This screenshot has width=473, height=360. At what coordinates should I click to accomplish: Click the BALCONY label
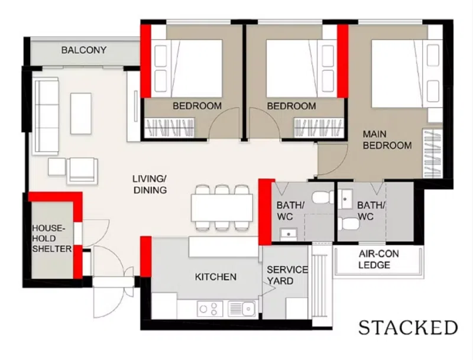(x=84, y=50)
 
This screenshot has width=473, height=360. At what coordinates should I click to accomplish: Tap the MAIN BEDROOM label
(x=387, y=140)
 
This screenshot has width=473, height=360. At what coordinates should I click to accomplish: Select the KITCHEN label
(x=215, y=277)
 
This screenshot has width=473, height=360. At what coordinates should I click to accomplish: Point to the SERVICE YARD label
(x=287, y=275)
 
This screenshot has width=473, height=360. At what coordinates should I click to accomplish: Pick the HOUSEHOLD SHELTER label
(x=52, y=238)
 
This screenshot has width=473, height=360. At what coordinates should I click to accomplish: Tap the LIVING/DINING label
(x=150, y=184)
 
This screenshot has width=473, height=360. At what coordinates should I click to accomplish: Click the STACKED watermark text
(x=408, y=327)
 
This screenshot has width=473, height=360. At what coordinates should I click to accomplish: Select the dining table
(x=222, y=207)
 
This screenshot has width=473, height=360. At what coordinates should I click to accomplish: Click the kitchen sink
(x=242, y=309)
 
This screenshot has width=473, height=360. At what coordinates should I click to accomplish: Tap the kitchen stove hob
(x=210, y=309)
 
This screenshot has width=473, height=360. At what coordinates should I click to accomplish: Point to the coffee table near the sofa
(x=81, y=113)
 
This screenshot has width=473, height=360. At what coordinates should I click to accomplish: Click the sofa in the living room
(x=47, y=116)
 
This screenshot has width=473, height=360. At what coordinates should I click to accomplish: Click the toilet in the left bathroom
(x=323, y=197)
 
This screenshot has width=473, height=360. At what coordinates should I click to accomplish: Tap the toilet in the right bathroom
(x=348, y=223)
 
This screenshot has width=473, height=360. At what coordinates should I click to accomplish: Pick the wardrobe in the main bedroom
(x=432, y=154)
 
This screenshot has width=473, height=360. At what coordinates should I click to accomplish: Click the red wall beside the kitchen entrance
(x=145, y=257)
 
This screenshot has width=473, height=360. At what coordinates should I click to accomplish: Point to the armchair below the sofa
(x=82, y=170)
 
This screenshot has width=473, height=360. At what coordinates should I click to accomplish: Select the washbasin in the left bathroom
(x=289, y=234)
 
